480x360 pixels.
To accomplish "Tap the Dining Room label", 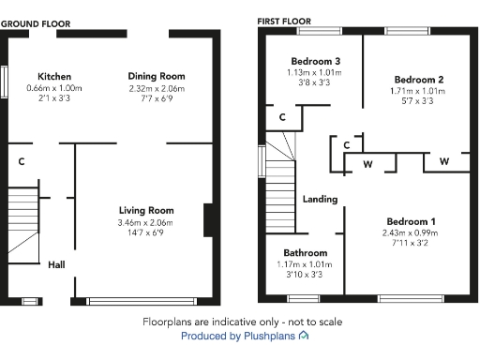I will click(x=157, y=76).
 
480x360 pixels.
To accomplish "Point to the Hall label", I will click(x=56, y=265).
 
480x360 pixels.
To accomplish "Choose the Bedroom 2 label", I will click(x=418, y=80).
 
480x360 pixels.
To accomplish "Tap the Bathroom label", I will click(x=306, y=253).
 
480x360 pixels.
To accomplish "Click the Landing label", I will click(x=320, y=199).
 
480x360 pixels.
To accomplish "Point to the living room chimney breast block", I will click(x=208, y=221).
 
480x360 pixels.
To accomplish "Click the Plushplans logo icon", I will click(x=303, y=335).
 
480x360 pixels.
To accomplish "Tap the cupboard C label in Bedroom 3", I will click(x=282, y=117).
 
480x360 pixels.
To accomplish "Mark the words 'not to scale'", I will click(x=314, y=322).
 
